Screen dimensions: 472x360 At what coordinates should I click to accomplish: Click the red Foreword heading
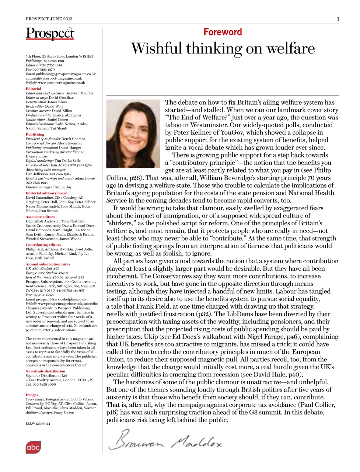pos(223,32)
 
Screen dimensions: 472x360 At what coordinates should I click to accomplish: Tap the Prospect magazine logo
pos(50,34)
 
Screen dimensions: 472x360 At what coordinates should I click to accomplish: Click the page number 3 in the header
pos(338,19)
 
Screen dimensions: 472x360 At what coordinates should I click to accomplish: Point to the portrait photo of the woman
pos(133,133)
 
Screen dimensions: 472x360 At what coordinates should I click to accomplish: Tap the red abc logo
pos(33,447)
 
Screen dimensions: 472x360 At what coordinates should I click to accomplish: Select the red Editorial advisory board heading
pos(46,193)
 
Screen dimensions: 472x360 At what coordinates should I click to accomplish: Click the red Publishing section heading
pos(35,134)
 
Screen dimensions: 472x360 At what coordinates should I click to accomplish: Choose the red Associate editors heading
pos(40,217)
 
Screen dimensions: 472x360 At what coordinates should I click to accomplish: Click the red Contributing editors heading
pos(43,245)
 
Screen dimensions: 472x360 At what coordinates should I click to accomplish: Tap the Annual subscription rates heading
pos(48,264)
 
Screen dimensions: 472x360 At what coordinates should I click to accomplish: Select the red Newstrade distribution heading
pos(45,371)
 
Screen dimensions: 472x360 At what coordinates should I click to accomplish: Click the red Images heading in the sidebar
pos(32,395)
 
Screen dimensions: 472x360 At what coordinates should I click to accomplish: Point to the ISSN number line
pos(38,424)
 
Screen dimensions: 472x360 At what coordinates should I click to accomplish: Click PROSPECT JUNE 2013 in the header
pos(49,19)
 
